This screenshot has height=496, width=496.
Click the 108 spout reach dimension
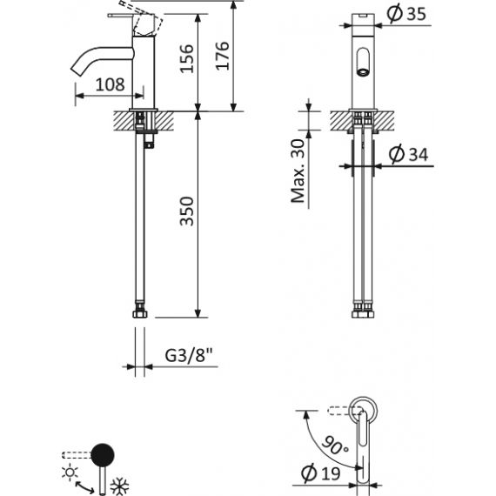(111, 84)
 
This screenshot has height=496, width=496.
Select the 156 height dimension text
(186, 59)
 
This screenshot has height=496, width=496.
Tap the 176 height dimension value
(223, 56)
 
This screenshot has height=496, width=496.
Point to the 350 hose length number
(186, 211)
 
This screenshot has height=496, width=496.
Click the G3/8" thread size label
(189, 356)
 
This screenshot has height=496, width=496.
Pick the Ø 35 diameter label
(406, 14)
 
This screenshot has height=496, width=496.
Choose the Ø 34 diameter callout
(408, 154)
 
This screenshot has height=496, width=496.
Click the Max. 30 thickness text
(298, 171)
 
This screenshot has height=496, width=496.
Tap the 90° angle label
(335, 446)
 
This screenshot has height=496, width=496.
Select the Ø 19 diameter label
(321, 473)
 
